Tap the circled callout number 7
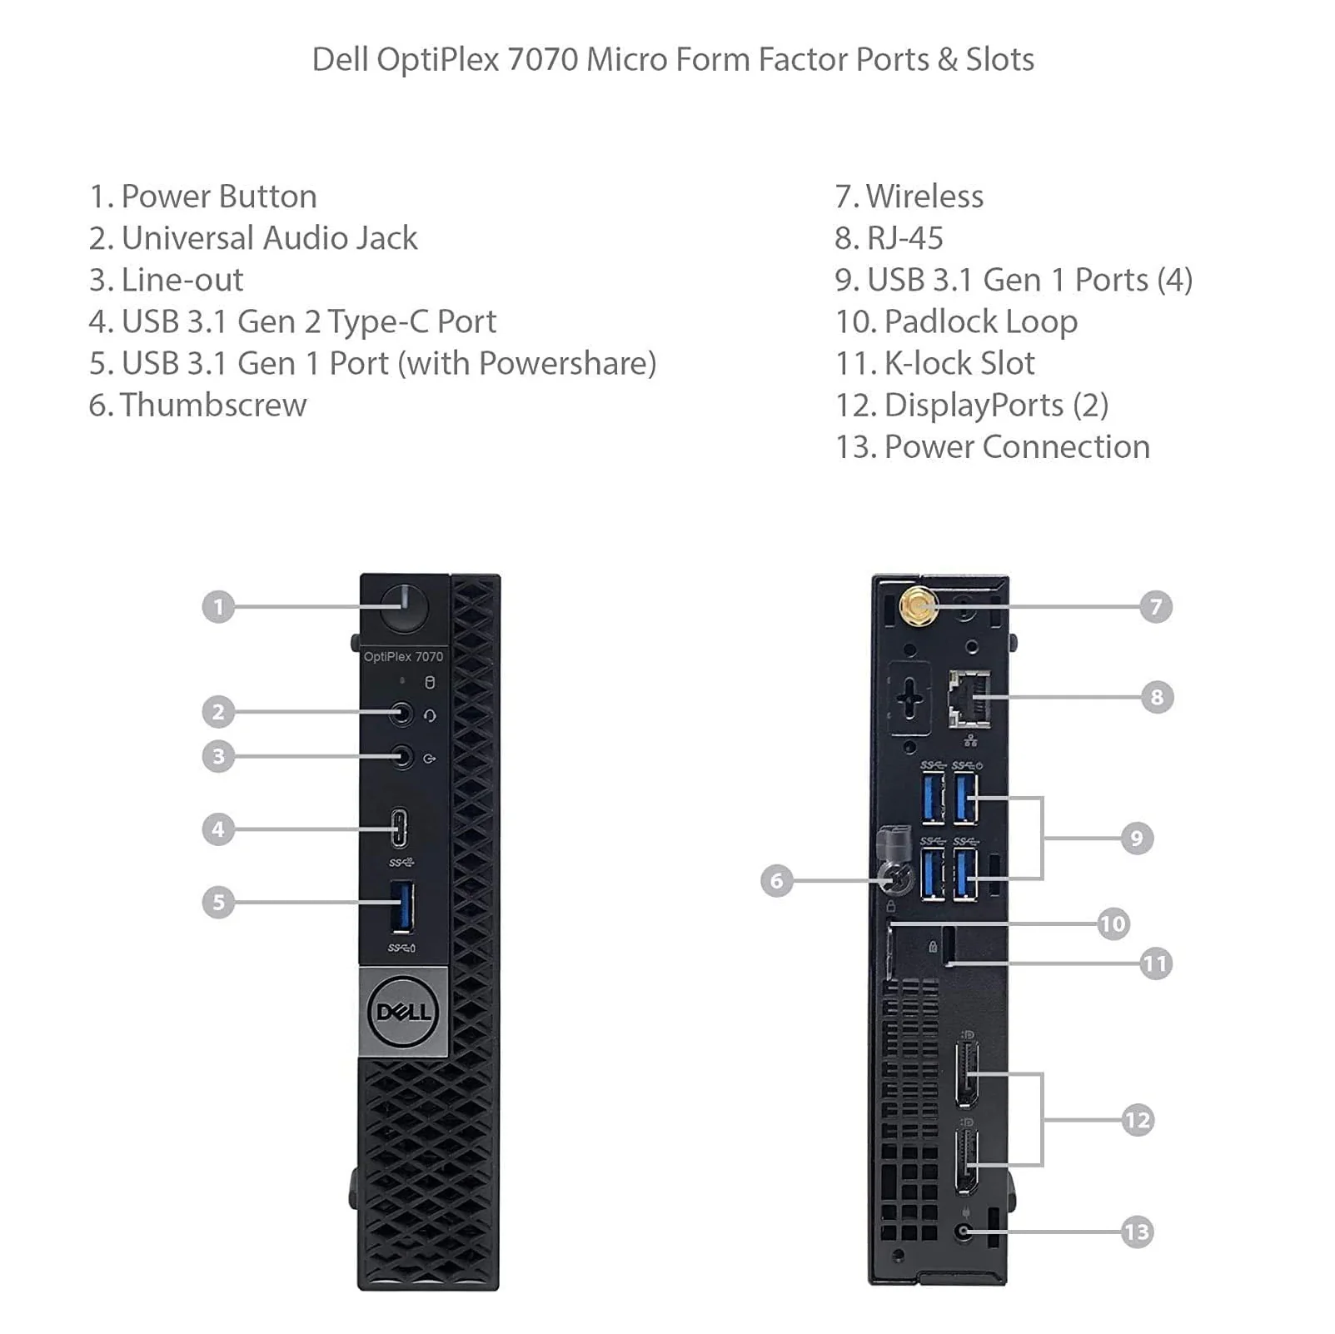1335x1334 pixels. coord(1156,606)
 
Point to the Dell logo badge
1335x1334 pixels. coord(404,1012)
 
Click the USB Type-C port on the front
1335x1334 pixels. coord(400,828)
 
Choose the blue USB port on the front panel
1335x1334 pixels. coord(402,907)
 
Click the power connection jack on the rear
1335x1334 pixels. coord(965,1232)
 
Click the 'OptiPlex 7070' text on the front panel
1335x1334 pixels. coord(404,657)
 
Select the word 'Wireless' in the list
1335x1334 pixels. coord(924,197)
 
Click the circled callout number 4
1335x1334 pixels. coord(218,829)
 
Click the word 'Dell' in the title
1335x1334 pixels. coord(340,60)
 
